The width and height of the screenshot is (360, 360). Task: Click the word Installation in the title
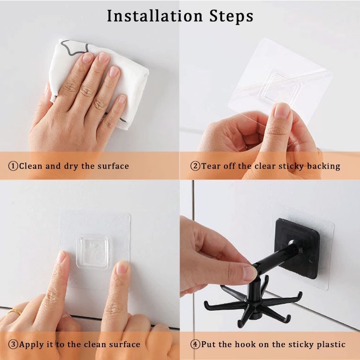point(155,16)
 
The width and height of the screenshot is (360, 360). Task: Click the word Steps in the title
point(231,16)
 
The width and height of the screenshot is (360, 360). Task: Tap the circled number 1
point(13,166)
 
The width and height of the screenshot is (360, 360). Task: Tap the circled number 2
point(195,166)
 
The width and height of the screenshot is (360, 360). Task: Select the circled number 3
point(13,344)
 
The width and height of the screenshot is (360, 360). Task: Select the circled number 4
point(196,344)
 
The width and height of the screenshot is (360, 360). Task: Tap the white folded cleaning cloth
point(99,78)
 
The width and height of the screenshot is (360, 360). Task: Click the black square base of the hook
point(297,248)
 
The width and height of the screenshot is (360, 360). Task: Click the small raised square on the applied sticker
point(93,251)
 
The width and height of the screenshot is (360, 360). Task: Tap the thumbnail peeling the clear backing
point(282,111)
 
